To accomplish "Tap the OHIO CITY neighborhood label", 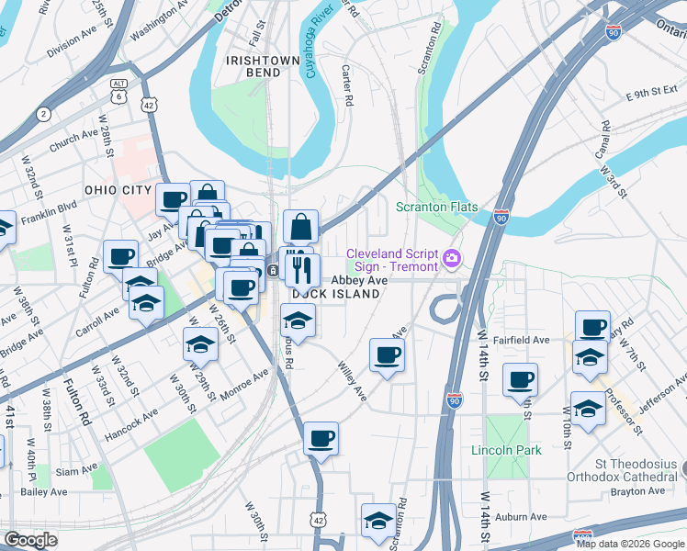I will click(x=116, y=189).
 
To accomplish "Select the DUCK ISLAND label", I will click(x=336, y=294).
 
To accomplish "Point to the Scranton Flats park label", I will click(x=436, y=207).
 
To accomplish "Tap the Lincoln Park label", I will click(x=506, y=450).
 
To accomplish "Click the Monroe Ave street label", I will click(x=243, y=385).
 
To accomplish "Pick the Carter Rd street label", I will click(x=346, y=85).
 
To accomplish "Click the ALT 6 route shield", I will click(x=118, y=91).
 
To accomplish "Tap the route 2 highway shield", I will click(x=43, y=114).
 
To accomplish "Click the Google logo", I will click(x=30, y=539).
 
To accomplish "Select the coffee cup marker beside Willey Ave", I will click(x=387, y=355).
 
